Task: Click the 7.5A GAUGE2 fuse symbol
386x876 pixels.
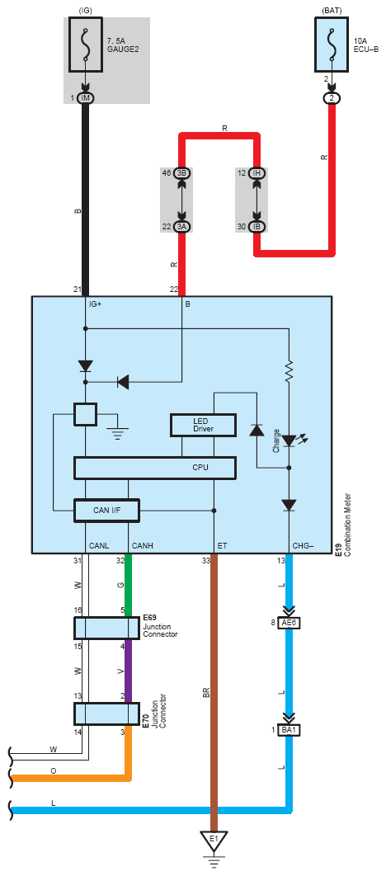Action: coord(86,45)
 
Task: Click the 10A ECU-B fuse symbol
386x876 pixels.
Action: coord(332,45)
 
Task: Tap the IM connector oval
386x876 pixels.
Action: coord(86,98)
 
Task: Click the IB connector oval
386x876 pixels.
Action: coord(257,227)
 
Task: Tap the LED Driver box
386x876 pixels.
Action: coord(204,425)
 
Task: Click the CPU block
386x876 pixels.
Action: coord(155,468)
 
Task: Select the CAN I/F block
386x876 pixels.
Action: coord(106,511)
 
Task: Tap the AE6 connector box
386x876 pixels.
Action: coord(289,623)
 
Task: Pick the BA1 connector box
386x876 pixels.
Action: coord(289,730)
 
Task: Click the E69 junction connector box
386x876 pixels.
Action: coord(106,628)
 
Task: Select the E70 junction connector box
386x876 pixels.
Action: coord(106,714)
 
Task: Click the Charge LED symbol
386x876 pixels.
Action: coord(290,441)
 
